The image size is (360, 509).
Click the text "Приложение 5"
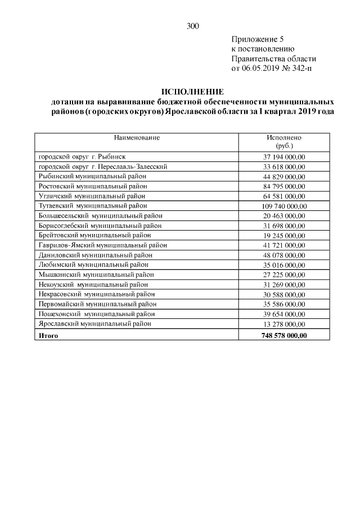pyautogui.click(x=258, y=39)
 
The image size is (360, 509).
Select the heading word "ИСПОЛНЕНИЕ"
pyautogui.click(x=192, y=92)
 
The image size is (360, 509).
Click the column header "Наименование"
pyautogui.click(x=137, y=137)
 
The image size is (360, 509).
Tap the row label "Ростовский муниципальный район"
pyautogui.click(x=92, y=186)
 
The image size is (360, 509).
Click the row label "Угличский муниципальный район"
pyautogui.click(x=92, y=196)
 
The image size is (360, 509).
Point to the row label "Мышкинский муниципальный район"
pyautogui.click(x=94, y=274)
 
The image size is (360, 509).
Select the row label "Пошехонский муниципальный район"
pyautogui.click(x=96, y=314)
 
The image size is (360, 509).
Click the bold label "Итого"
pyautogui.click(x=48, y=336)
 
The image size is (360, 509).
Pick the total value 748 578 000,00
pyautogui.click(x=284, y=336)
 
